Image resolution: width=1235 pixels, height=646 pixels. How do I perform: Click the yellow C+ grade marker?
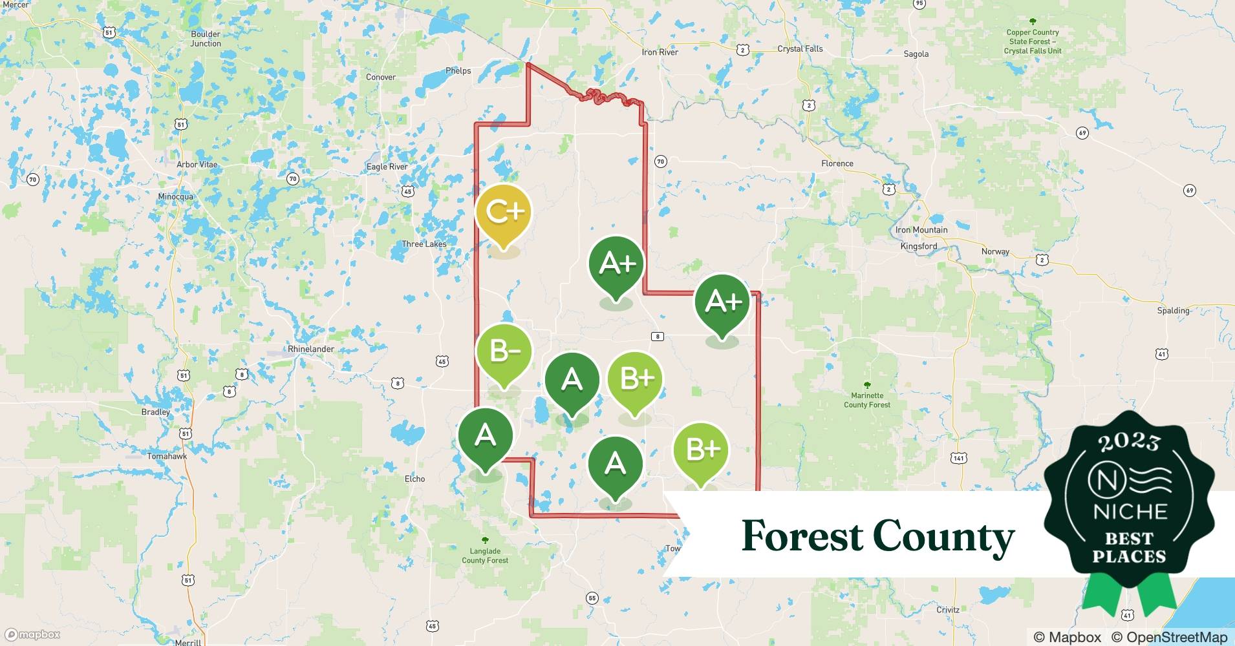pos(503,213)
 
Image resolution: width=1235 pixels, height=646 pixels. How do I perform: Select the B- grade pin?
pos(504,352)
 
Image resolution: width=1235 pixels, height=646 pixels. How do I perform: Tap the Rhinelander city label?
pos(311,349)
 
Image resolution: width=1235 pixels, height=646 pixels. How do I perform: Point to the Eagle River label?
pos(387,167)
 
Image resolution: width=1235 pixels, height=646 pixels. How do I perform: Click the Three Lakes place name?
pos(424,244)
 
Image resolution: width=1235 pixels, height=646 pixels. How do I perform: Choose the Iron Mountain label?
pos(921,230)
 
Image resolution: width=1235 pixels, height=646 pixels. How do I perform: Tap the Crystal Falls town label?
pos(800,48)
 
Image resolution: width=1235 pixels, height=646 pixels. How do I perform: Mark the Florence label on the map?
pos(837,163)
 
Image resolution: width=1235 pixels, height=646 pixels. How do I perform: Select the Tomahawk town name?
pos(167,456)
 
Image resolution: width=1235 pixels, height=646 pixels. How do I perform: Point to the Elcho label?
pos(414,479)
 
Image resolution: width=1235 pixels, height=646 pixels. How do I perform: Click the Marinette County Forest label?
pos(866,400)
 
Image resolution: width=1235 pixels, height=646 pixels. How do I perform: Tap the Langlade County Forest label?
pos(485,556)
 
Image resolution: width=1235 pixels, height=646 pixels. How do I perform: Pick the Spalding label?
pos(1173,311)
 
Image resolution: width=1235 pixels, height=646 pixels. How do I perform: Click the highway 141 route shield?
pos(958,458)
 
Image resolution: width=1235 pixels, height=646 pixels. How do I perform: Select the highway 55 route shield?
pos(592,598)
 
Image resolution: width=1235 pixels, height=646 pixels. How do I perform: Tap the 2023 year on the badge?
pos(1129,442)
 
